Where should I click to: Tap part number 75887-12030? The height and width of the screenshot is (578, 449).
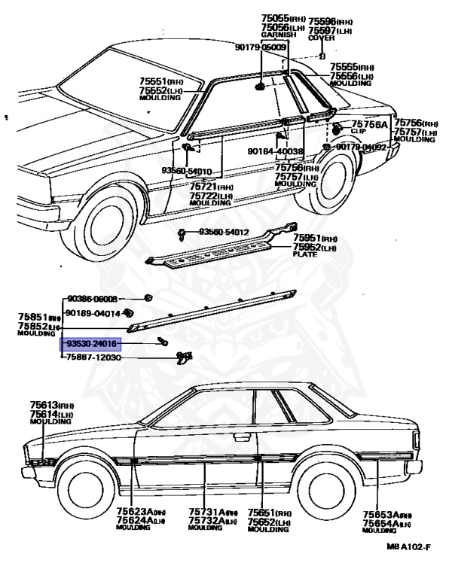click(x=93, y=358)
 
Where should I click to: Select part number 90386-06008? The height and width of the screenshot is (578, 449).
click(x=93, y=298)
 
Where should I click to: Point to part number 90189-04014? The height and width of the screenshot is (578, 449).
click(x=93, y=312)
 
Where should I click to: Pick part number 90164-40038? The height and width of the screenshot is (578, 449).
click(x=276, y=151)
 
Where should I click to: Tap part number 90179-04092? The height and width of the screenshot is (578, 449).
click(x=362, y=148)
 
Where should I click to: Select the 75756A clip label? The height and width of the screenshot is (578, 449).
click(x=369, y=125)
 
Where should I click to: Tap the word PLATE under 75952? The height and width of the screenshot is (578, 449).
click(x=307, y=254)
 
